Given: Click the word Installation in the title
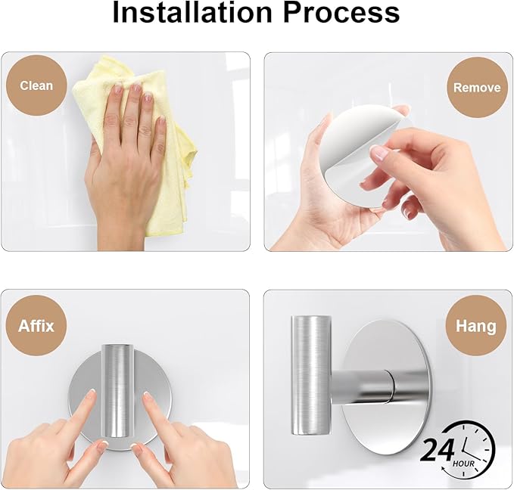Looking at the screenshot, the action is click(192, 12).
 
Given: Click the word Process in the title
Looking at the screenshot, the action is click(341, 12).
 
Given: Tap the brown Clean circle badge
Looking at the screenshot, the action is click(36, 85).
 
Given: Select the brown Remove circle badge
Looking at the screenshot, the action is click(477, 88).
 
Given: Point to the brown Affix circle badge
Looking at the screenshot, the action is click(36, 326).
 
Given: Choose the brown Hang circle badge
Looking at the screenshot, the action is click(475, 326).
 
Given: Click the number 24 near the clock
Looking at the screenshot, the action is click(438, 451).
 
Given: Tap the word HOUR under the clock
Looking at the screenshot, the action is click(464, 463).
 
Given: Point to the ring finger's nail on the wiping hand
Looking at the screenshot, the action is click(147, 98).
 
